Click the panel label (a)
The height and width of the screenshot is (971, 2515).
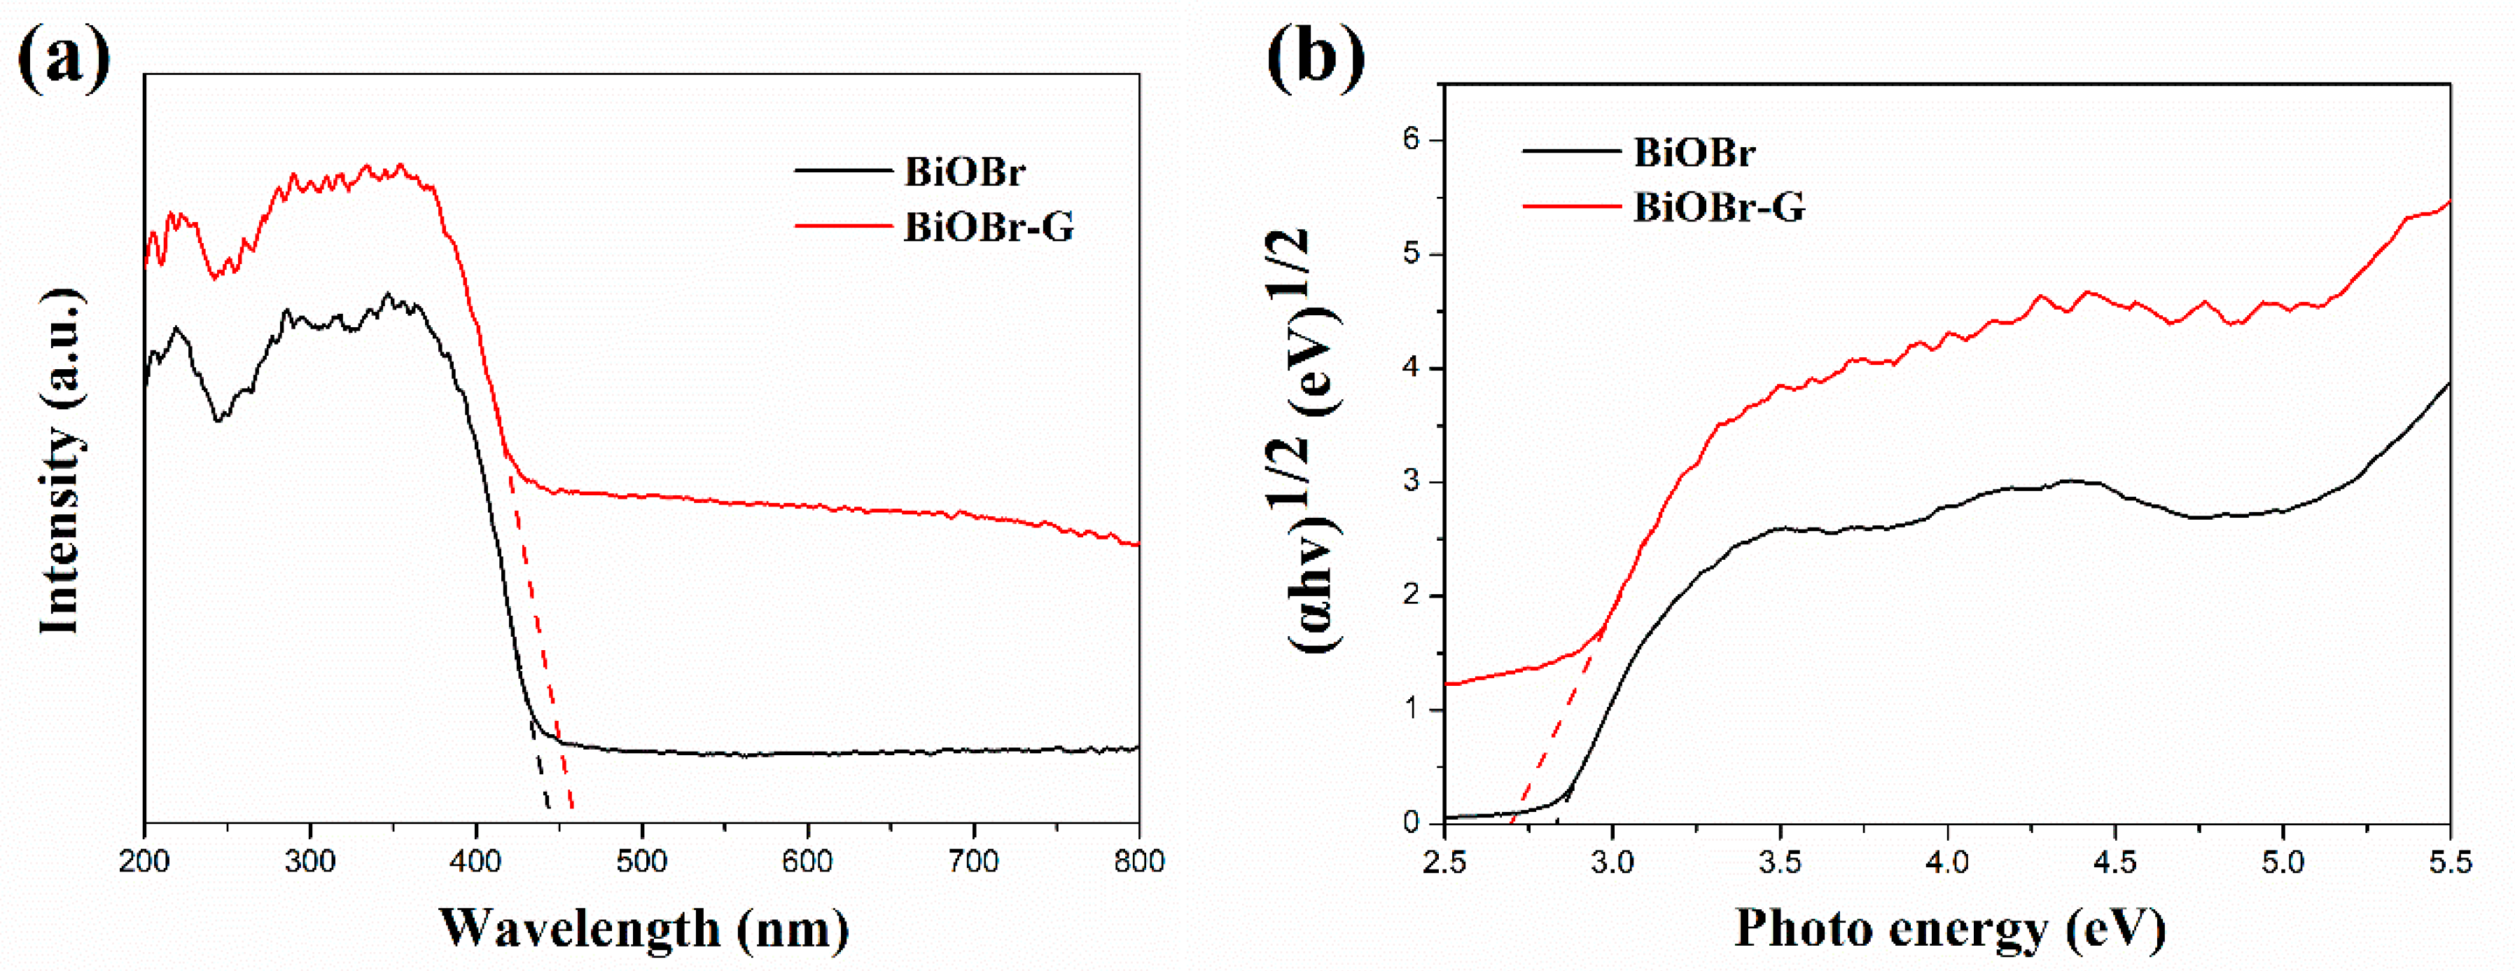point(64,57)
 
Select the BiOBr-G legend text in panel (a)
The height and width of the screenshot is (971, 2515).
point(988,228)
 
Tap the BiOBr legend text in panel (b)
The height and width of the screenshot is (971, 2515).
point(1694,153)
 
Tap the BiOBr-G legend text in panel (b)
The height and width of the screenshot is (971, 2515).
point(1718,207)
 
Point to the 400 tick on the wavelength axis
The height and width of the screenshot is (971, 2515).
point(475,860)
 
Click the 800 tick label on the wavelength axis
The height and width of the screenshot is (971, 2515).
point(1138,860)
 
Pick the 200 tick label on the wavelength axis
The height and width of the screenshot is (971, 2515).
point(144,860)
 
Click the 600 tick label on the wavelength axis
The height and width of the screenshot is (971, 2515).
point(807,860)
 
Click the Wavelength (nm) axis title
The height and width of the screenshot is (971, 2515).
point(643,928)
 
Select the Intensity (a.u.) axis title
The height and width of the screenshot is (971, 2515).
point(60,460)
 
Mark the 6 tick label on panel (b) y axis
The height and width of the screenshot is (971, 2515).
point(1411,139)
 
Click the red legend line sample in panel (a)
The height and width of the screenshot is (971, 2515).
point(842,226)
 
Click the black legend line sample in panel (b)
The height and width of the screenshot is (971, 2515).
point(1570,151)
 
